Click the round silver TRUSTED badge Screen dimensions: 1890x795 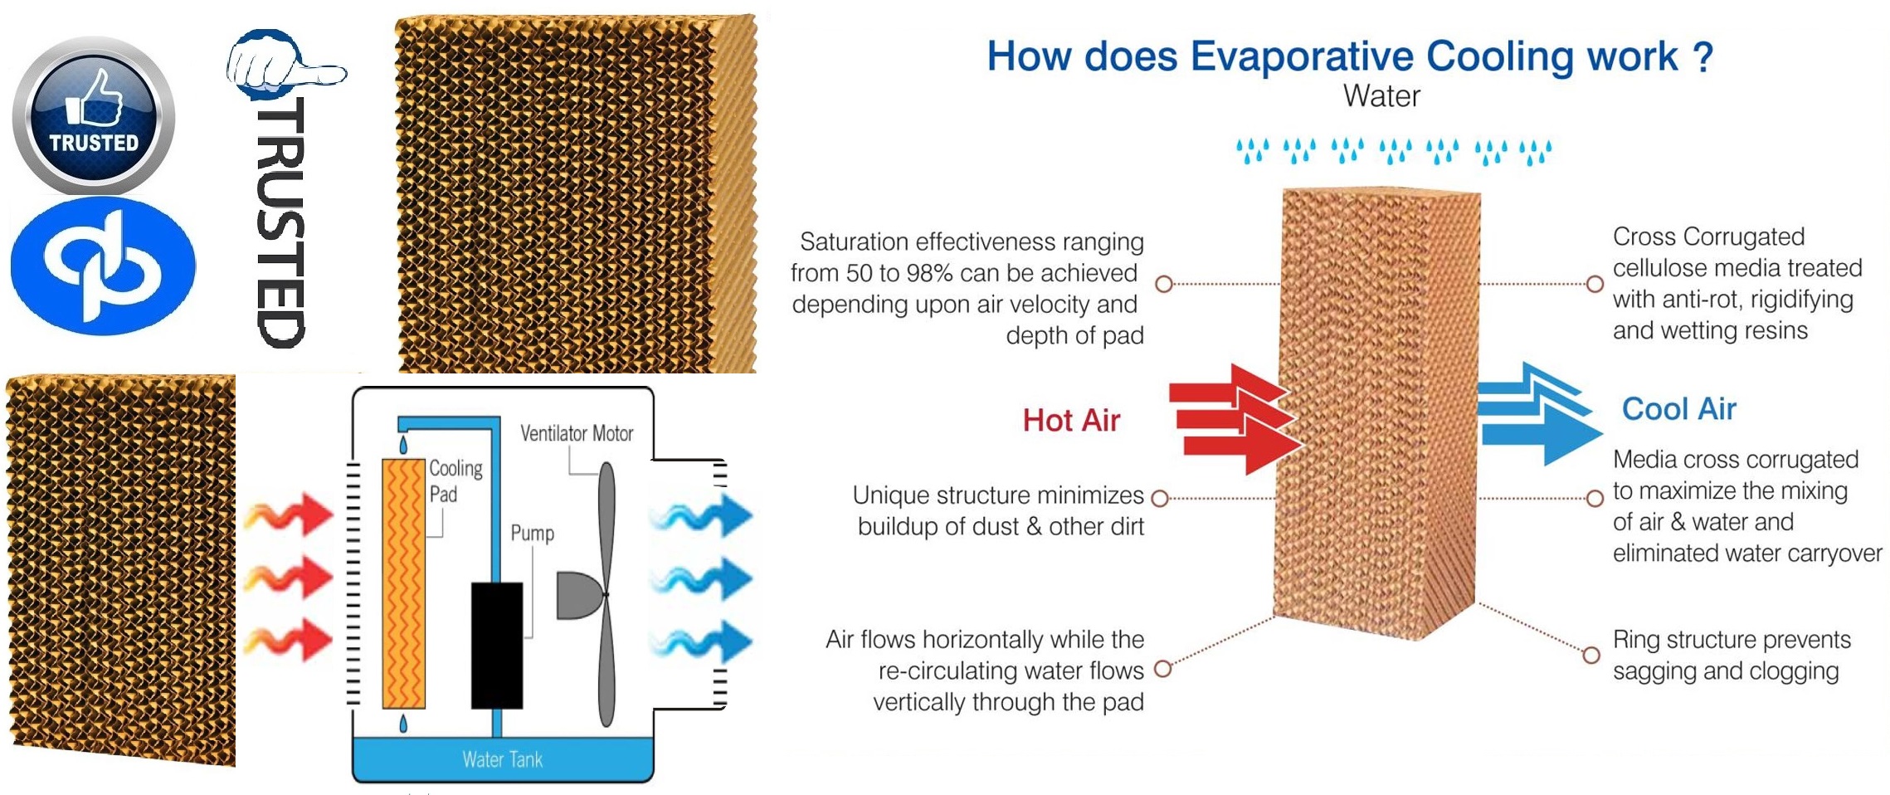pyautogui.click(x=94, y=115)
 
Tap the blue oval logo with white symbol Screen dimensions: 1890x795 pyautogui.click(x=103, y=266)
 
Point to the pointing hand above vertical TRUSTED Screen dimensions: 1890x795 pyautogui.click(x=285, y=65)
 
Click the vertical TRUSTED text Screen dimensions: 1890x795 pyautogui.click(x=280, y=222)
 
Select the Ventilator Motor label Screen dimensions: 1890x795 pyautogui.click(x=577, y=433)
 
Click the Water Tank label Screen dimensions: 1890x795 pyautogui.click(x=503, y=759)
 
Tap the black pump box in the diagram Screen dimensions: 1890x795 pyautogui.click(x=497, y=645)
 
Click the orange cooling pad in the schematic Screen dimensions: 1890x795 pyautogui.click(x=403, y=583)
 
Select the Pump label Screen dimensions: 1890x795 pyautogui.click(x=532, y=533)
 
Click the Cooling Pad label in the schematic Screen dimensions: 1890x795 pyautogui.click(x=455, y=480)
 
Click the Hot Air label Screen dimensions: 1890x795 pyautogui.click(x=1071, y=420)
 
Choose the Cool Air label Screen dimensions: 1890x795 pyautogui.click(x=1678, y=408)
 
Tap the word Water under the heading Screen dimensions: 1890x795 pyautogui.click(x=1381, y=95)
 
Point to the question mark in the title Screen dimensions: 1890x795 pyautogui.click(x=1702, y=56)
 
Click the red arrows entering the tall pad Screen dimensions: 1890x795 pyautogui.click(x=1235, y=418)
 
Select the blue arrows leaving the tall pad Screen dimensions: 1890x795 pyautogui.click(x=1540, y=413)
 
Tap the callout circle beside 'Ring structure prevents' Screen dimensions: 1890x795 pyautogui.click(x=1591, y=655)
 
